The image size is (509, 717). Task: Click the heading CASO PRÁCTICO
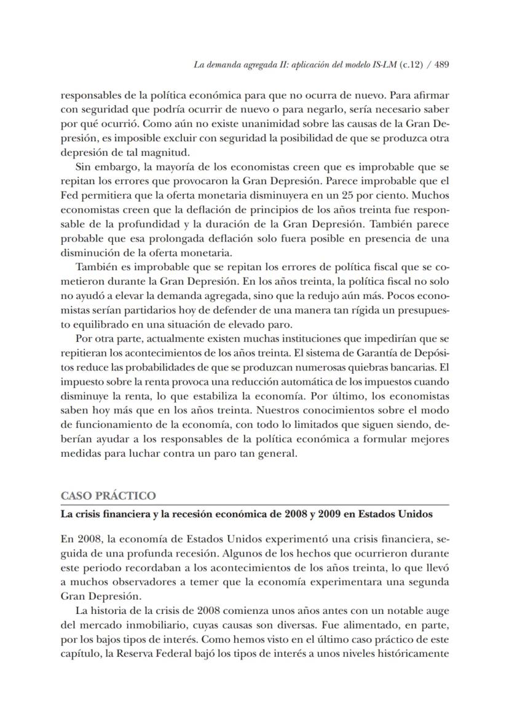108,495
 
